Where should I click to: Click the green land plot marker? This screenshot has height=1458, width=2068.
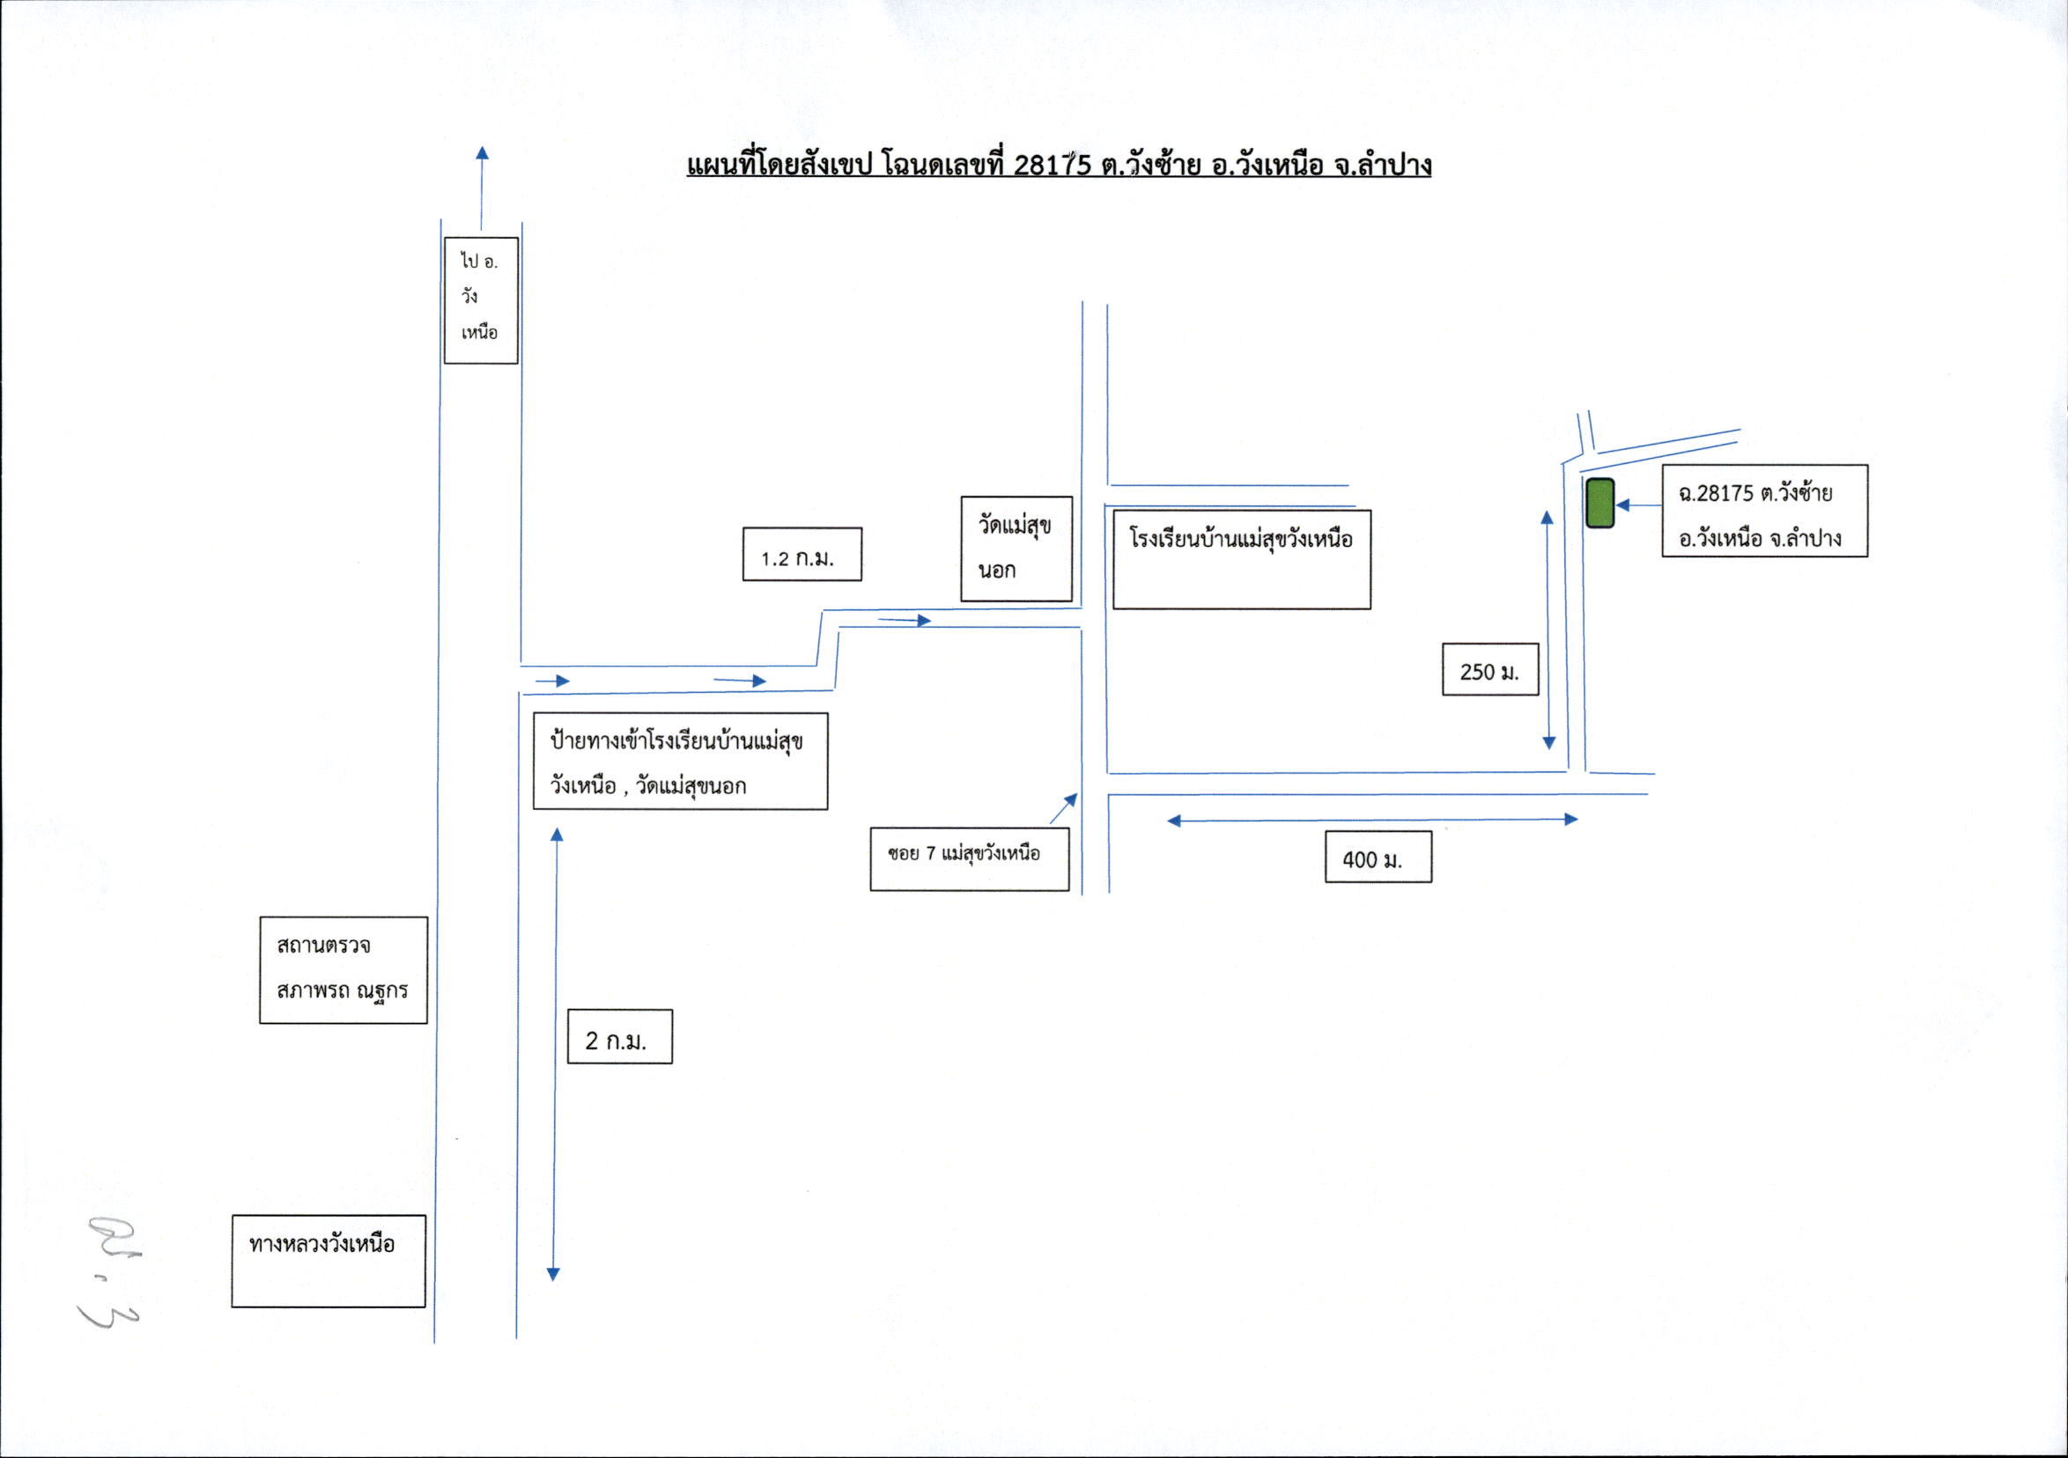(1599, 504)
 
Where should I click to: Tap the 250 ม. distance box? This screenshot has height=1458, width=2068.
(1489, 669)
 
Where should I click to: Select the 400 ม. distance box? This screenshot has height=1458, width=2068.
(1378, 857)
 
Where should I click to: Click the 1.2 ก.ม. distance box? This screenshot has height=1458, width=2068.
(801, 554)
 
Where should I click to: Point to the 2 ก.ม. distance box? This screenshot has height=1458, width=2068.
(620, 1036)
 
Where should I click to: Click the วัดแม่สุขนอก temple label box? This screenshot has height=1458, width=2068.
(1016, 549)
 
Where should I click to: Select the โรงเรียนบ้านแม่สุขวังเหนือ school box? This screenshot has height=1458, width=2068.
(1242, 559)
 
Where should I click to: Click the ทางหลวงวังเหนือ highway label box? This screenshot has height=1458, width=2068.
(329, 1261)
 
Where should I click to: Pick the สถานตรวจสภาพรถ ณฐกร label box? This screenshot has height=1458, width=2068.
(343, 970)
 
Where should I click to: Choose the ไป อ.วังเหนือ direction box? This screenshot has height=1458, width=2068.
(481, 301)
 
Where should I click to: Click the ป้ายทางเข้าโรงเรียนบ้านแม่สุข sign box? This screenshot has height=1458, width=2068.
(680, 761)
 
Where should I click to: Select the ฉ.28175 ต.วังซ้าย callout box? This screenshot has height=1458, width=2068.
(1764, 511)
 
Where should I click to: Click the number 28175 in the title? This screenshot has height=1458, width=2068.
(1052, 165)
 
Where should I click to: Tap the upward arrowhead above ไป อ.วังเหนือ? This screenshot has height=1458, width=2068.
(482, 152)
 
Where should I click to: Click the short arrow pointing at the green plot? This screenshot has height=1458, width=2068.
(1639, 505)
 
